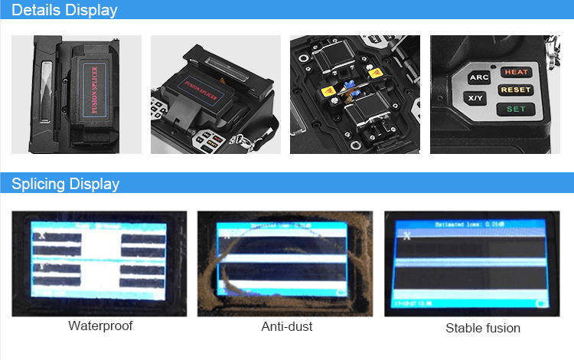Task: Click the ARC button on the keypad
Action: click(x=479, y=77)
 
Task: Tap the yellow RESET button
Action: click(x=515, y=90)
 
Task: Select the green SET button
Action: click(x=516, y=109)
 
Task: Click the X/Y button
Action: click(x=475, y=98)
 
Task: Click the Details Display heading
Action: click(x=65, y=10)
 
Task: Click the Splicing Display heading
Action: click(x=66, y=184)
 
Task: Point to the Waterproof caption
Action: click(x=100, y=326)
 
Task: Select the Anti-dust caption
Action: click(x=287, y=326)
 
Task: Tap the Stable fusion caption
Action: click(x=483, y=328)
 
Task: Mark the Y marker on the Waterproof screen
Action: click(x=40, y=270)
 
